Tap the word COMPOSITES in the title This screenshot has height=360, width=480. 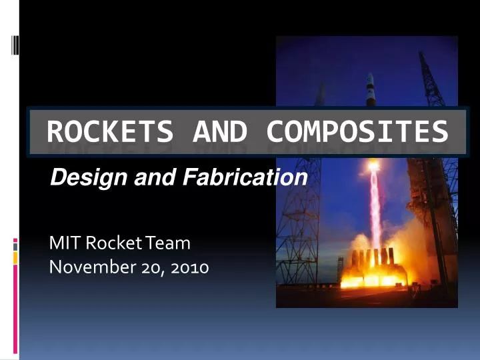tap(357, 132)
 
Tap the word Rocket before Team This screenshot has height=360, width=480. tap(109, 243)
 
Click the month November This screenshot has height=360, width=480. tap(91, 268)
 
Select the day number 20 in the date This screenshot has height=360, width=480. tap(152, 268)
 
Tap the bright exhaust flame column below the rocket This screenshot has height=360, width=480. tap(375, 200)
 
